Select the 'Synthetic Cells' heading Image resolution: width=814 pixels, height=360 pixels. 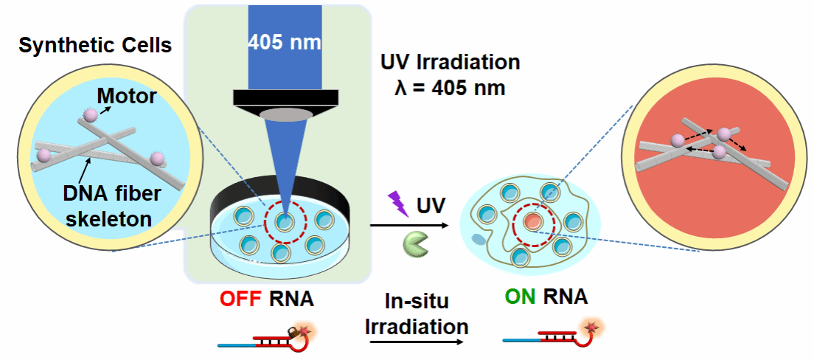(96, 46)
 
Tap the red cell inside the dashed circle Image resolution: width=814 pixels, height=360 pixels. (532, 222)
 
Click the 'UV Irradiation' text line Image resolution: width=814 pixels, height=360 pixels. (450, 63)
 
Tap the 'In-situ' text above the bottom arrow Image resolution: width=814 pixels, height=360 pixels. (417, 302)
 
